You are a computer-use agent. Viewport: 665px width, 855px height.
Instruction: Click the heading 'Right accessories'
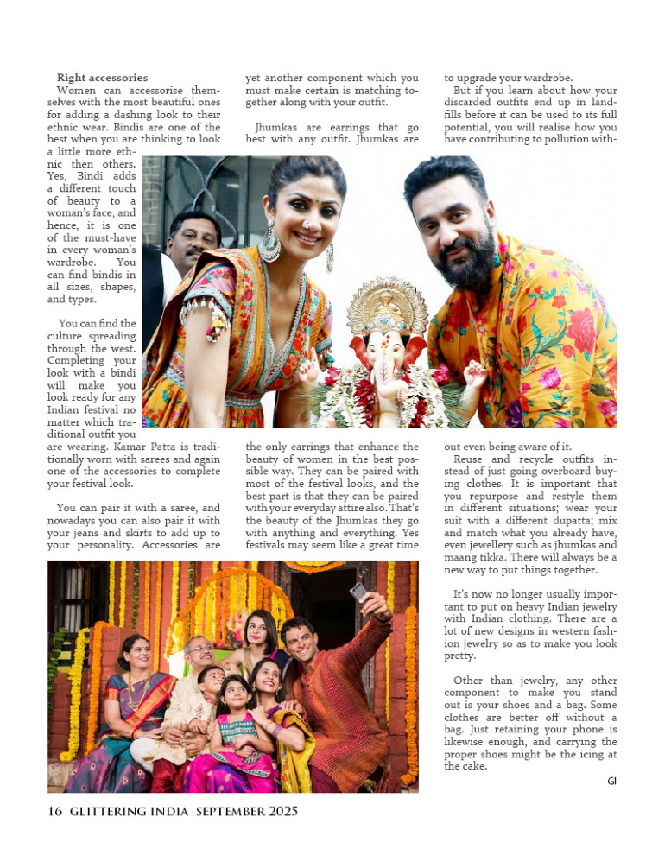click(102, 78)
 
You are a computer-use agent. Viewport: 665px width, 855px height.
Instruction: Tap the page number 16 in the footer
click(55, 811)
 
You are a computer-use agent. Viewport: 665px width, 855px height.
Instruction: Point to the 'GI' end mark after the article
click(611, 781)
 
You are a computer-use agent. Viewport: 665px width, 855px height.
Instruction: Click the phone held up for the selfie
click(358, 592)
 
